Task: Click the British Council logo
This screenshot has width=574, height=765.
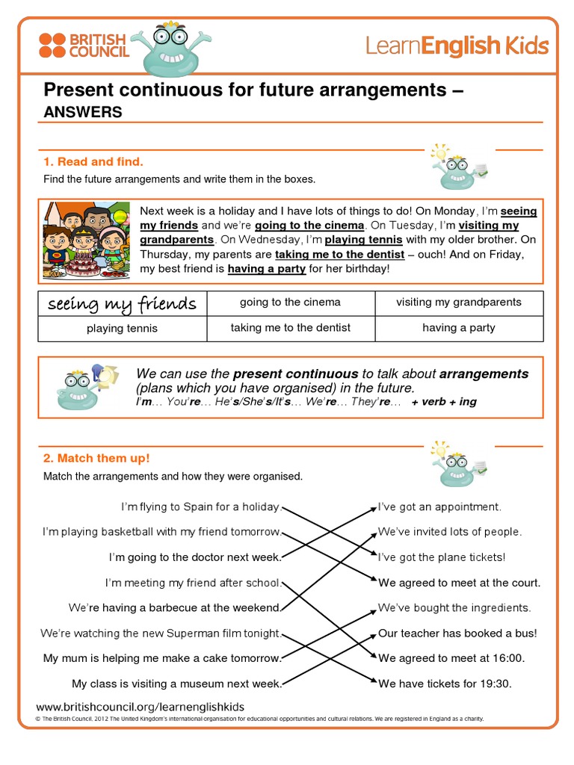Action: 84,46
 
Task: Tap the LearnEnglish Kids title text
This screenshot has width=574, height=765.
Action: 457,46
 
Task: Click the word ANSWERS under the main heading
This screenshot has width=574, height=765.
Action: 82,112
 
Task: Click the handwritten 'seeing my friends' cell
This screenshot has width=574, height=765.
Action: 122,303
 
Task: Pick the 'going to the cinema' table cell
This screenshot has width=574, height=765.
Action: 290,303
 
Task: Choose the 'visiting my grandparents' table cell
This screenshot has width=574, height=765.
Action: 458,303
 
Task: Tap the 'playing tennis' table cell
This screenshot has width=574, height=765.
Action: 122,328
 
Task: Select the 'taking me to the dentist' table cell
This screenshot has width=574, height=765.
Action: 290,327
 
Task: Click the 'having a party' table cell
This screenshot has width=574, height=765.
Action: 458,327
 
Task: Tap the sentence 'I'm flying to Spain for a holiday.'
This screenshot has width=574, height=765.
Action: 201,507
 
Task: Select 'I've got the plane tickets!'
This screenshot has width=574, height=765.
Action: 442,557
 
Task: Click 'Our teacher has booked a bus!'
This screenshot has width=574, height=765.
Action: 457,634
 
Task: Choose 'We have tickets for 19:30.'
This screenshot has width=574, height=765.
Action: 445,684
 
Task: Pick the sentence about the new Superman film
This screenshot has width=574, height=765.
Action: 161,634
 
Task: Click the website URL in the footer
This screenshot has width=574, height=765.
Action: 140,707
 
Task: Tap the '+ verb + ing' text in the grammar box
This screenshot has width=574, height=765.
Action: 444,402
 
